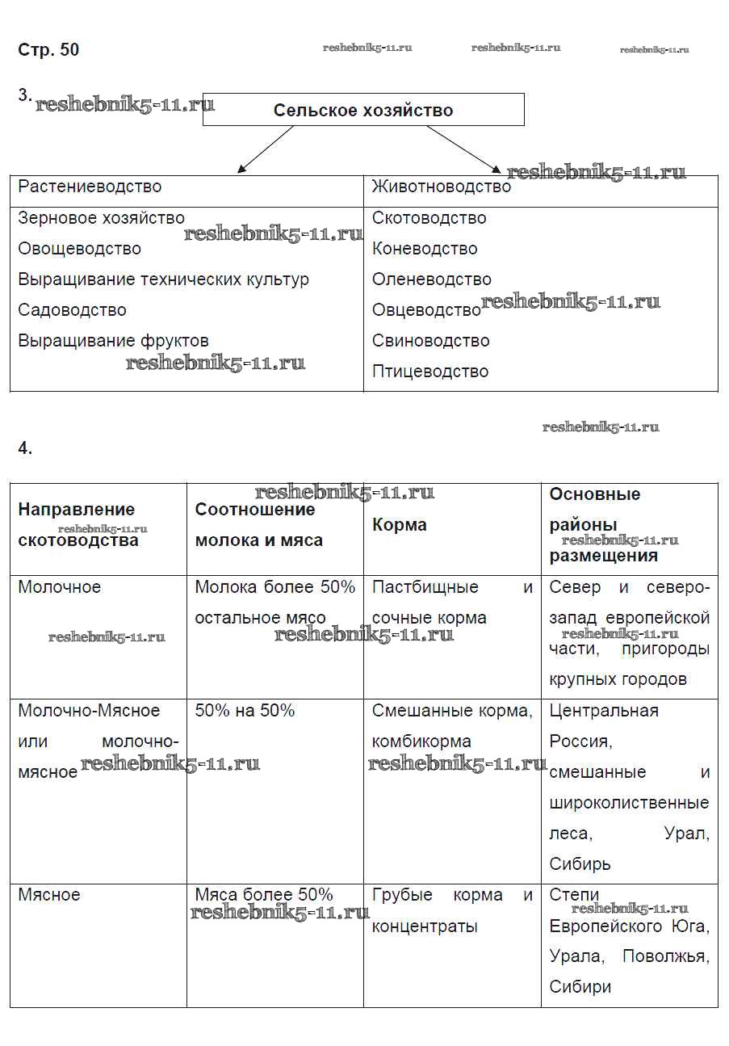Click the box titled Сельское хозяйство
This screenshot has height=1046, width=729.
(363, 110)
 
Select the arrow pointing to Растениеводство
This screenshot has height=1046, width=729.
(266, 149)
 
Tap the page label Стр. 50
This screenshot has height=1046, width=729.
(48, 50)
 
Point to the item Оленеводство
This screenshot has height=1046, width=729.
(431, 279)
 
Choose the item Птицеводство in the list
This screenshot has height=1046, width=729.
(429, 372)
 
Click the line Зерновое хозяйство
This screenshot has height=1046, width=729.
(101, 218)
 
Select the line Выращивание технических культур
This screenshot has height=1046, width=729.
(163, 279)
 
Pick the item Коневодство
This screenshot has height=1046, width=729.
(425, 249)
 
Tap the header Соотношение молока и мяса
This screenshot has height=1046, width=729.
(258, 525)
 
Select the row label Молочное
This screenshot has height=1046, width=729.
(59, 587)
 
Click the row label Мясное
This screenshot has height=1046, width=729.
(49, 895)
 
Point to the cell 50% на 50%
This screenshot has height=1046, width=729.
(245, 711)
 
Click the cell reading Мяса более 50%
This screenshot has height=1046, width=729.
(264, 895)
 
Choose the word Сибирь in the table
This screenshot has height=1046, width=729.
(580, 864)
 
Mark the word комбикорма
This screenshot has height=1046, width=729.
(421, 741)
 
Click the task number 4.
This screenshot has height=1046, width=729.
(25, 449)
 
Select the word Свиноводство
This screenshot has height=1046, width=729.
(430, 341)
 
